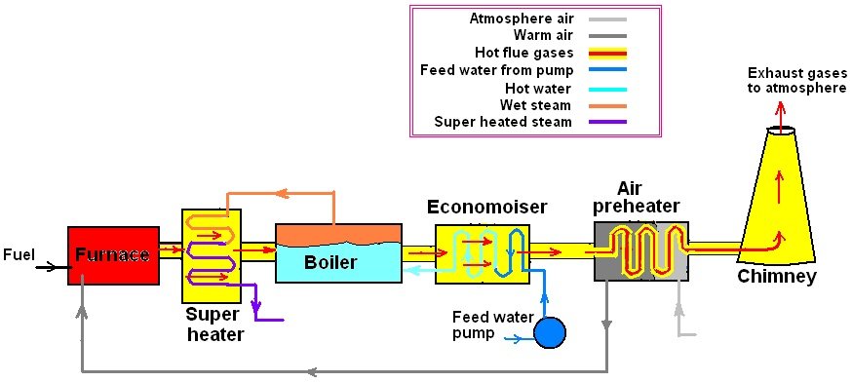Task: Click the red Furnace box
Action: [x=113, y=255]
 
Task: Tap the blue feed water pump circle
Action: [x=550, y=333]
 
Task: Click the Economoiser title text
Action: [x=486, y=208]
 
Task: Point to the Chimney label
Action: [x=776, y=277]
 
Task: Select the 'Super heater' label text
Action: [x=213, y=325]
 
